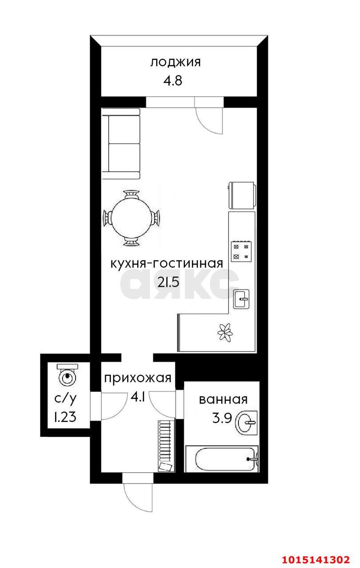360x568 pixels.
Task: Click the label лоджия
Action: click(x=175, y=62)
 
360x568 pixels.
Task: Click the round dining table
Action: click(x=131, y=218)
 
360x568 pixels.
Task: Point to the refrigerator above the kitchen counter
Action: click(x=241, y=194)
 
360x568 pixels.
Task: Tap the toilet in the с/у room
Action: click(x=67, y=375)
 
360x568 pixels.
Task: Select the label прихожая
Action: click(x=138, y=378)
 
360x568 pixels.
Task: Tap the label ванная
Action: click(x=223, y=399)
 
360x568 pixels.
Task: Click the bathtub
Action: click(x=222, y=459)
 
